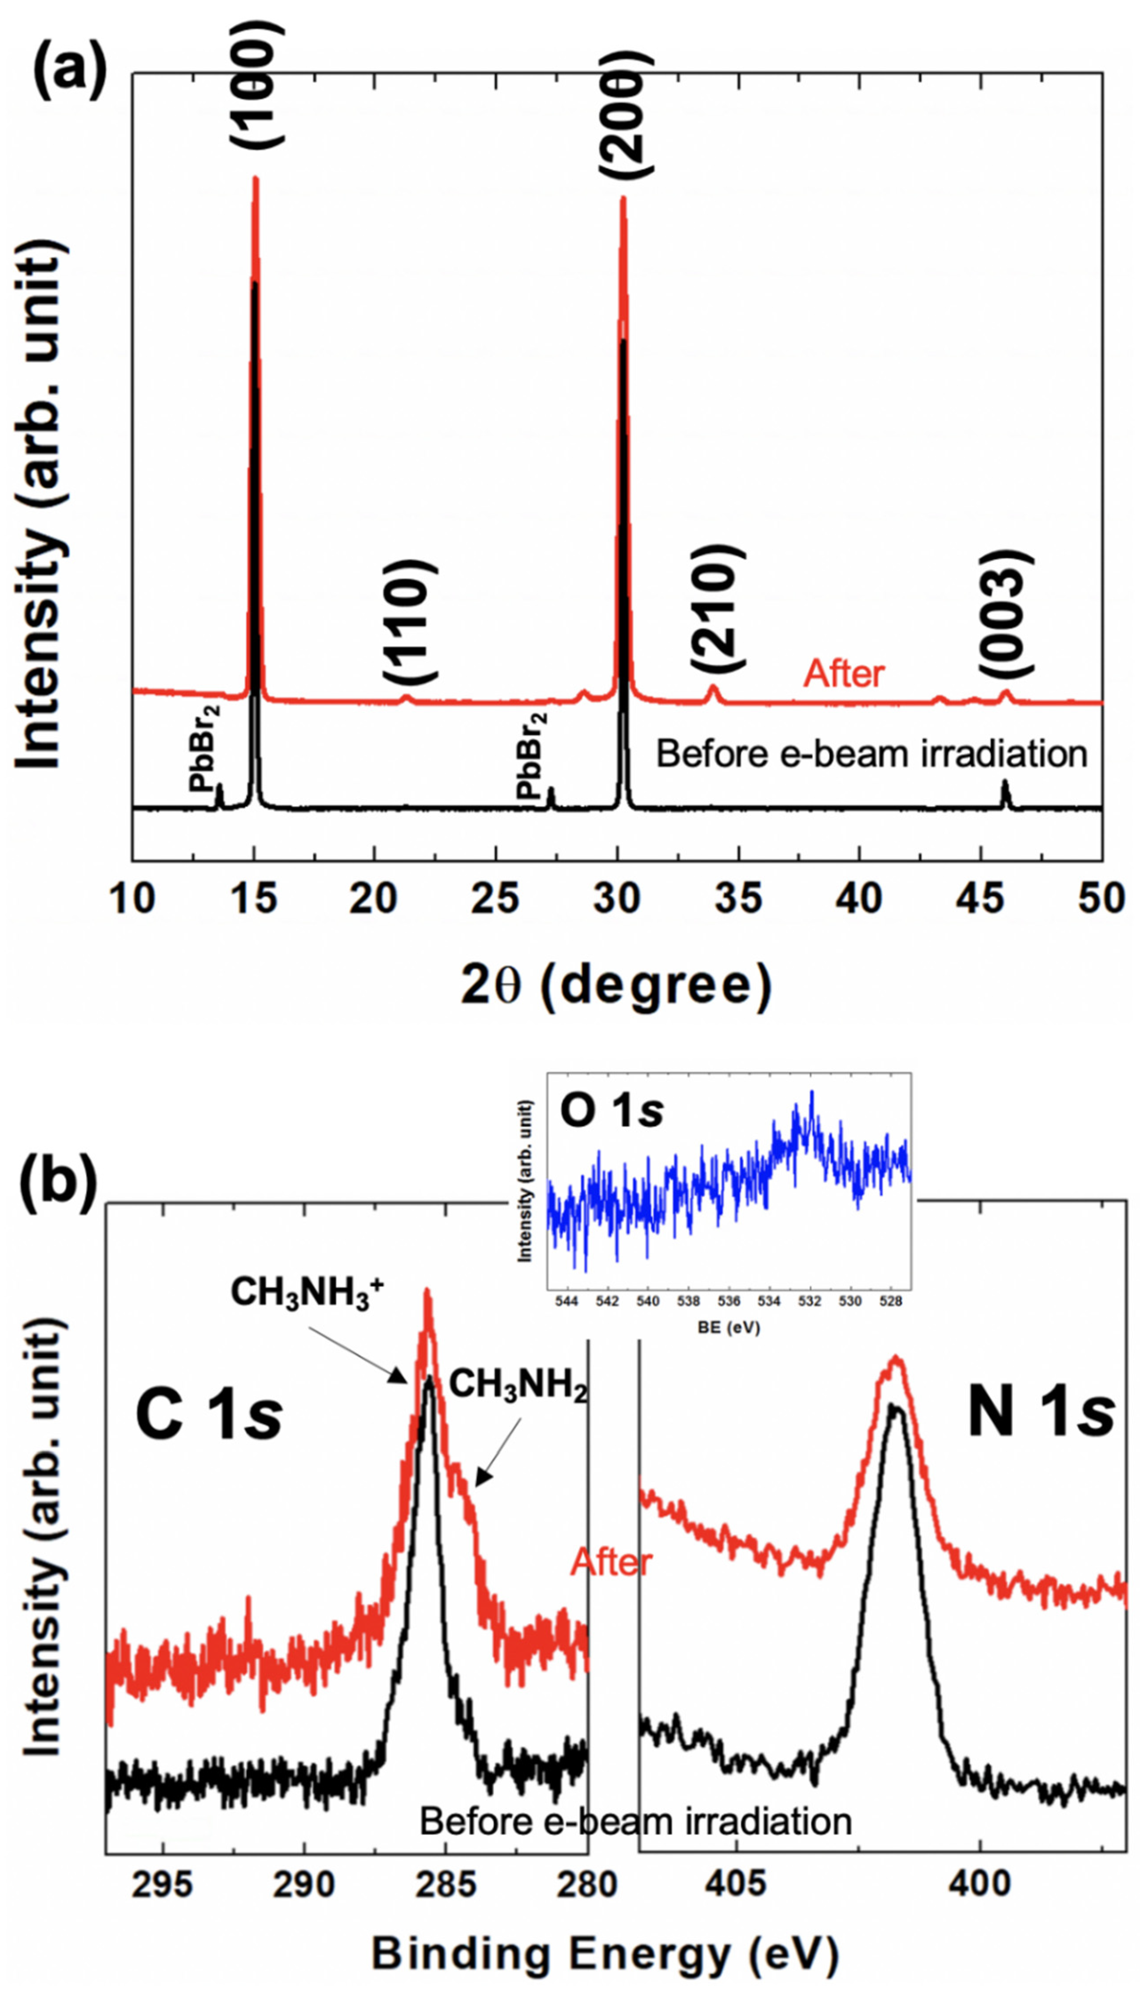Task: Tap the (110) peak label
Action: [409, 621]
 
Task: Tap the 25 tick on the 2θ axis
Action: [496, 899]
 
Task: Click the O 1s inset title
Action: [611, 1112]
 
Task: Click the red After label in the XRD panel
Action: [844, 673]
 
